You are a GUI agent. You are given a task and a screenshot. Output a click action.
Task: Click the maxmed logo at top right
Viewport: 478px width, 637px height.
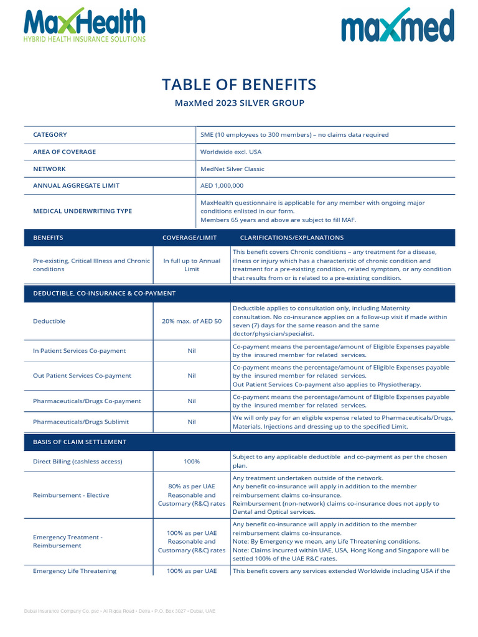point(397,26)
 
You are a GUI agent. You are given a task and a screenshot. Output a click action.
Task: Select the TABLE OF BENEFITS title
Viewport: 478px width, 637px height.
point(239,85)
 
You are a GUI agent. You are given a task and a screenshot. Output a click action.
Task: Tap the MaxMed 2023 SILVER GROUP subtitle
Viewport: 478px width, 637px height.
point(239,103)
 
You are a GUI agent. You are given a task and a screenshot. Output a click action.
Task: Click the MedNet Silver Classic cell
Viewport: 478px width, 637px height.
point(232,169)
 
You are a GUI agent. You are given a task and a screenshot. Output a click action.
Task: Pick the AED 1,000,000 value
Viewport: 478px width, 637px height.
point(222,185)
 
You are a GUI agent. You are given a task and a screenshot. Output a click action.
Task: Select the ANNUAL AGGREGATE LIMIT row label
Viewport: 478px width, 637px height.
point(76,185)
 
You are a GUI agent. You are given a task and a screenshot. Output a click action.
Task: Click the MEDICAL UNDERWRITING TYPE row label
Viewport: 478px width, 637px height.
point(82,211)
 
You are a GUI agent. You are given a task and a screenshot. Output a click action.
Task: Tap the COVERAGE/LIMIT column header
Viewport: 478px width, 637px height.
point(189,238)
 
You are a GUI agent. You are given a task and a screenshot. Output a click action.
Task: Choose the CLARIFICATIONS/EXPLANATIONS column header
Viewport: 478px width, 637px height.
point(291,238)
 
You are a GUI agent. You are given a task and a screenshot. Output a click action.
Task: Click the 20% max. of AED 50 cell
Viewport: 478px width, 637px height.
point(192,321)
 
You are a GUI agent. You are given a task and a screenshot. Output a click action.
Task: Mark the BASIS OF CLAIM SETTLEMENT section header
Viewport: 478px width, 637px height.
point(80,442)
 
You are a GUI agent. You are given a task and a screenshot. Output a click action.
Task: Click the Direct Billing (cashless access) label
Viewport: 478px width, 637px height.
point(78,462)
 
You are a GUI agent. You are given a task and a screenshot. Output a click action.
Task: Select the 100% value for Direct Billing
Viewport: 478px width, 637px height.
point(192,462)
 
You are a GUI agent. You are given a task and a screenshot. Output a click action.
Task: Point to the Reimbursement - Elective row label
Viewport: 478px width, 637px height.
point(71,495)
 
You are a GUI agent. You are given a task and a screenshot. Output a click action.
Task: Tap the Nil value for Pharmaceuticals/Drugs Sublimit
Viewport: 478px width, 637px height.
point(192,422)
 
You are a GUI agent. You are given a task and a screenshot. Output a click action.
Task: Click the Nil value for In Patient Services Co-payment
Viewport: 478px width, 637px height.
point(192,351)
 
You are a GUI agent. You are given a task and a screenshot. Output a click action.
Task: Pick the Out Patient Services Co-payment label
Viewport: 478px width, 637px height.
point(82,376)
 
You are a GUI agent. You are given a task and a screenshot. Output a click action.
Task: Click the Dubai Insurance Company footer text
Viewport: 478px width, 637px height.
point(119,611)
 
